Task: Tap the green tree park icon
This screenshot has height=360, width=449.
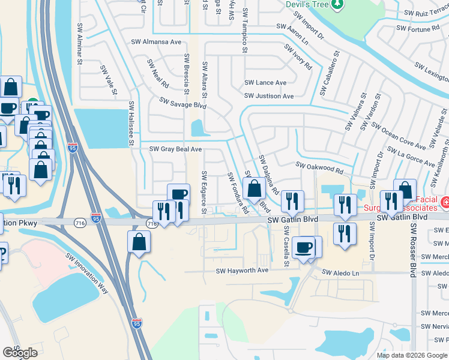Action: (x=337, y=4)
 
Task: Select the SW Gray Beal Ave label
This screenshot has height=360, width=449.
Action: (x=175, y=149)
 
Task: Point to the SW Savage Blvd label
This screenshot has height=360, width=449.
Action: (x=182, y=104)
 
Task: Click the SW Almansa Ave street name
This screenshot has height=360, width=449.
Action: (x=156, y=43)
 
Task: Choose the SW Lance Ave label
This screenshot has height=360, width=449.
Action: (x=265, y=83)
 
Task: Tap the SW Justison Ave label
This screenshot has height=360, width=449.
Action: (x=268, y=96)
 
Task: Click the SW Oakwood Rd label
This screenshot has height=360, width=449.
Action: (x=319, y=167)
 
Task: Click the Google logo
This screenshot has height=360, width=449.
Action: (x=20, y=353)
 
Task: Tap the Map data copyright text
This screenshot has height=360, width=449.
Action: (x=411, y=355)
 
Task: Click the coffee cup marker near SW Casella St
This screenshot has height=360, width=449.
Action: (x=304, y=246)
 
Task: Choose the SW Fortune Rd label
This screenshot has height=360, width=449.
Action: (x=418, y=28)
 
